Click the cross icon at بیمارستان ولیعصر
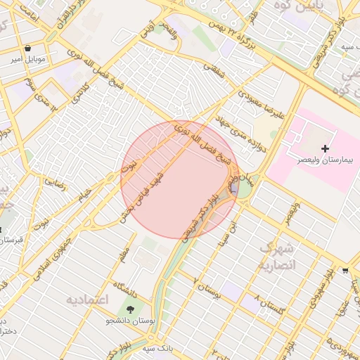[325, 148]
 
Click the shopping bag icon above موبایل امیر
[27, 49]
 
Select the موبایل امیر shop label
[27, 60]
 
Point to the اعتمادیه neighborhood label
[88, 300]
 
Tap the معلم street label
[124, 250]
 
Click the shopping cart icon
[345, 270]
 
